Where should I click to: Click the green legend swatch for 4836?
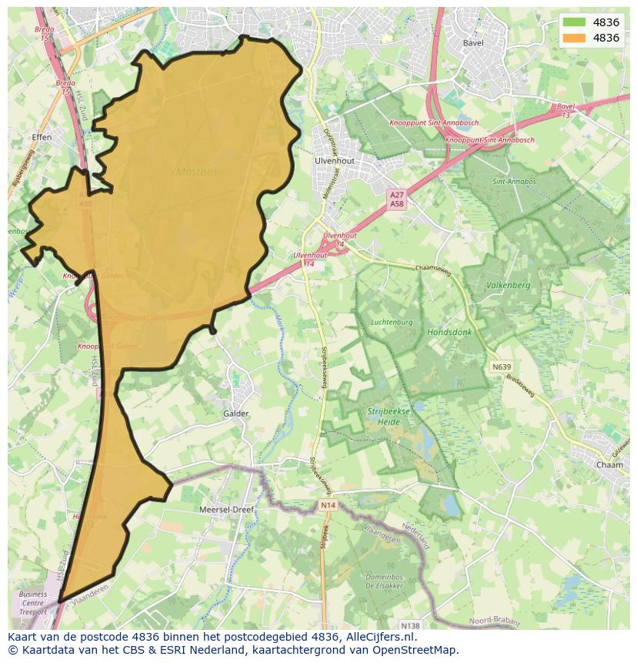574,22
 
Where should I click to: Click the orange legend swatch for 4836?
574,38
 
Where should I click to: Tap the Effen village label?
42,137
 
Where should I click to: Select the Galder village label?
235,414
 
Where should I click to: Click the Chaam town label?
609,465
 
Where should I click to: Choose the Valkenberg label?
509,285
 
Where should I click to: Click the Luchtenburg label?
392,322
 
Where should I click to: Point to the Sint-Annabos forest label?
514,182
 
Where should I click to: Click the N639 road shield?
501,367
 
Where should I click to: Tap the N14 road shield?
328,505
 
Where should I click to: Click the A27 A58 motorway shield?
397,199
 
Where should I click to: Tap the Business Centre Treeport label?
33,603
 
